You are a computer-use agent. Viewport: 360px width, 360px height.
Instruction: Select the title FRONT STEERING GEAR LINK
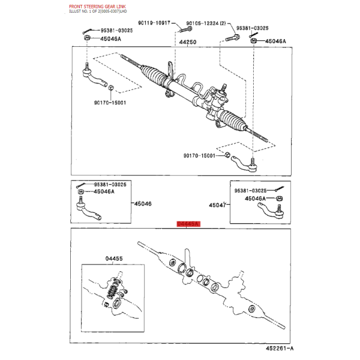click(x=97, y=7)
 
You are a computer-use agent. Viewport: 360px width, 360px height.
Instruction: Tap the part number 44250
click(x=188, y=42)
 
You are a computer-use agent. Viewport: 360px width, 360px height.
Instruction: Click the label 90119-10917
click(x=154, y=23)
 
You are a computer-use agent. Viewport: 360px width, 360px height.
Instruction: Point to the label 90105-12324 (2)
click(x=206, y=23)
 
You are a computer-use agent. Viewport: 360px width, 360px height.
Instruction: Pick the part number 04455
click(x=114, y=259)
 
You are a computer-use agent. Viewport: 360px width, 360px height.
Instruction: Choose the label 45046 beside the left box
click(x=143, y=203)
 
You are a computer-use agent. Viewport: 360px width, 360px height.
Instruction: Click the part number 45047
click(x=218, y=205)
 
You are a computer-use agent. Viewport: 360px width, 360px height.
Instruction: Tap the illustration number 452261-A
click(x=280, y=348)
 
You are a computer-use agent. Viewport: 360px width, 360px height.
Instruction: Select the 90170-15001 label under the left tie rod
click(x=110, y=103)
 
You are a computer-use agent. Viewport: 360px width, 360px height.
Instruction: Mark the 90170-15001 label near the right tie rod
click(x=199, y=155)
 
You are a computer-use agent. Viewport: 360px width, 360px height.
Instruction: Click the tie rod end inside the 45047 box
click(x=271, y=211)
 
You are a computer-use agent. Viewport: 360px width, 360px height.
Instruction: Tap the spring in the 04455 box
click(x=113, y=290)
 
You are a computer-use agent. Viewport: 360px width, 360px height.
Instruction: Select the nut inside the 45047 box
click(x=279, y=199)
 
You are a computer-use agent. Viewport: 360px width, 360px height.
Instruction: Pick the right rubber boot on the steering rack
click(x=233, y=121)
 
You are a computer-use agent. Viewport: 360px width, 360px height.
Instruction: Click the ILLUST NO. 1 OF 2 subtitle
click(x=98, y=11)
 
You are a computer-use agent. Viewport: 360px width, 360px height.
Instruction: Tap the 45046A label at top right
click(x=275, y=41)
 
